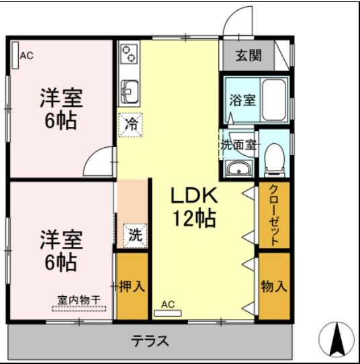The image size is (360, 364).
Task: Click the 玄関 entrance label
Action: coord(248,56)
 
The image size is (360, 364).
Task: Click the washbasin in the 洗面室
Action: coord(238,169)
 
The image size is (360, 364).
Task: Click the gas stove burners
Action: coord(128,52)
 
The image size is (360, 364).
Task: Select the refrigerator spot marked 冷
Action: coord(132,124)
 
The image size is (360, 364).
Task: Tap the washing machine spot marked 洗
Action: coord(135,235)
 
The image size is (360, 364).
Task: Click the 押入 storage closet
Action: coord(132,286)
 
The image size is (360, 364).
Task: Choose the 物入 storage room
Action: coord(273,286)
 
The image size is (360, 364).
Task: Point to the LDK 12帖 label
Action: coord(193,207)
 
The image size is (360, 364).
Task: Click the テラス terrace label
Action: coord(149,340)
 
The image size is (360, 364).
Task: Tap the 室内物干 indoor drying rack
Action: coord(79,304)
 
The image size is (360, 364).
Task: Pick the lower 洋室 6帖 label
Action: coord(60,250)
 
